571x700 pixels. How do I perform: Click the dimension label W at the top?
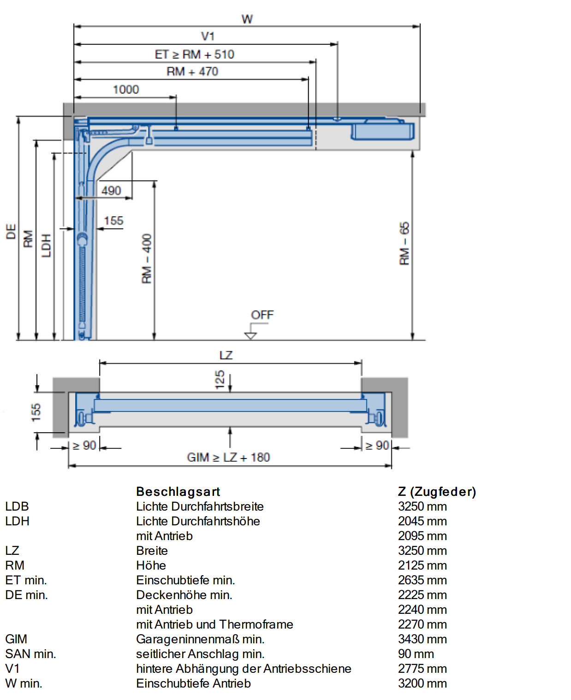[x=247, y=19]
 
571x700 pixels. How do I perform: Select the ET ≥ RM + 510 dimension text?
[x=194, y=54]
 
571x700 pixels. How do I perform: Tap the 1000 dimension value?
[x=126, y=89]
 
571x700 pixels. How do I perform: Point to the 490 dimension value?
[x=111, y=191]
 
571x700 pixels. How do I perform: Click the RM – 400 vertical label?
[x=147, y=259]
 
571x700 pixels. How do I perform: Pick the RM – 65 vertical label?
[x=404, y=243]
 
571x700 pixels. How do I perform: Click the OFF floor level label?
[x=262, y=315]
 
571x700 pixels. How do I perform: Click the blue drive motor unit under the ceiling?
[x=382, y=131]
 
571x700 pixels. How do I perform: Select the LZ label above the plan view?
[x=226, y=355]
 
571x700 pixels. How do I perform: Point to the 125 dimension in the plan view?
[x=220, y=380]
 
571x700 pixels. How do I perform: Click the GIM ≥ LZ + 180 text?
[x=228, y=458]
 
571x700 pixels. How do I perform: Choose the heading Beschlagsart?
[x=178, y=492]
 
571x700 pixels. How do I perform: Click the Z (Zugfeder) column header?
[x=437, y=492]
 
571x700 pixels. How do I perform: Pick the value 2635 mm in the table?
[x=422, y=580]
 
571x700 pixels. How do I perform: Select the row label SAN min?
[x=30, y=654]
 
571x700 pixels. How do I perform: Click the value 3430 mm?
[x=422, y=639]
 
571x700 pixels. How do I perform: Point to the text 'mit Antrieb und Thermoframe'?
[x=214, y=624]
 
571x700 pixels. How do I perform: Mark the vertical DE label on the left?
[x=11, y=232]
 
